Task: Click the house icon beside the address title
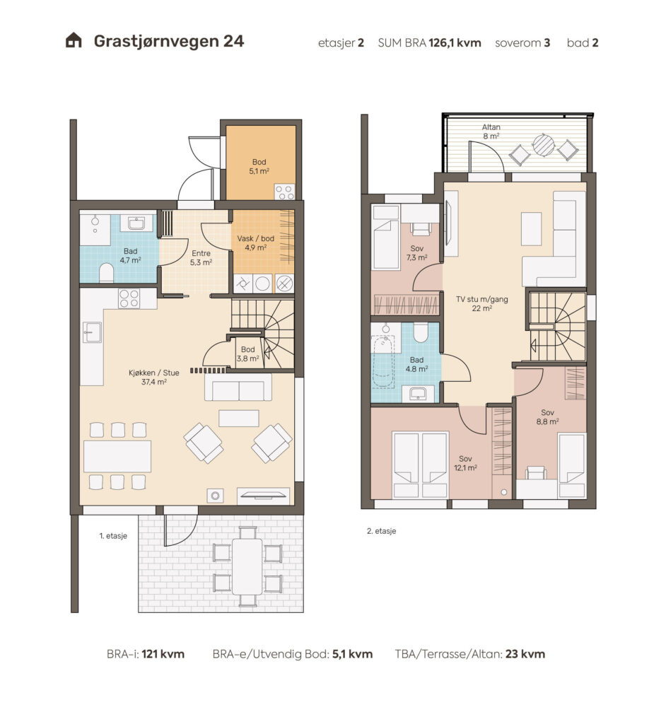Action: pyautogui.click(x=74, y=40)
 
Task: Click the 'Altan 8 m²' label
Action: pyautogui.click(x=491, y=132)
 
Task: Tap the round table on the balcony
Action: pyautogui.click(x=544, y=145)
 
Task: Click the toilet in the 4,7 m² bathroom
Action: pyautogui.click(x=106, y=272)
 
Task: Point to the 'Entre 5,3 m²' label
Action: pyautogui.click(x=201, y=257)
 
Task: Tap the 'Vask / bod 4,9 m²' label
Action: pyautogui.click(x=255, y=243)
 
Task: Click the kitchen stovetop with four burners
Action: pyautogui.click(x=129, y=298)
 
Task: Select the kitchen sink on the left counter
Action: pyautogui.click(x=92, y=332)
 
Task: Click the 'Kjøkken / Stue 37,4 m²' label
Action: pyautogui.click(x=154, y=378)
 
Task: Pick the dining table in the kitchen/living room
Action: pyautogui.click(x=117, y=456)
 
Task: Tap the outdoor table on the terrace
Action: pyautogui.click(x=247, y=567)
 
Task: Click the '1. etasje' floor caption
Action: pyautogui.click(x=113, y=536)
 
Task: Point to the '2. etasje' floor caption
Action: pyautogui.click(x=382, y=531)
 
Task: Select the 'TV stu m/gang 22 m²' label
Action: pyautogui.click(x=481, y=304)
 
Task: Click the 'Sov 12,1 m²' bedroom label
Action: pyautogui.click(x=465, y=463)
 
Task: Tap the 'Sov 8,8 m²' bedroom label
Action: pyautogui.click(x=547, y=417)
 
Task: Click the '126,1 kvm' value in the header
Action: pyautogui.click(x=455, y=43)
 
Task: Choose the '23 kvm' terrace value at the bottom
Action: pyautogui.click(x=525, y=654)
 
